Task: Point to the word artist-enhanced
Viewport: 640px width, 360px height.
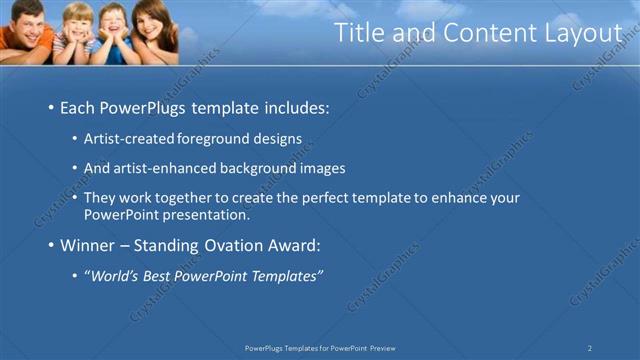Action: click(160, 168)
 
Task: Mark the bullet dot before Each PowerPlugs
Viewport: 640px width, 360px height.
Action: click(50, 107)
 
